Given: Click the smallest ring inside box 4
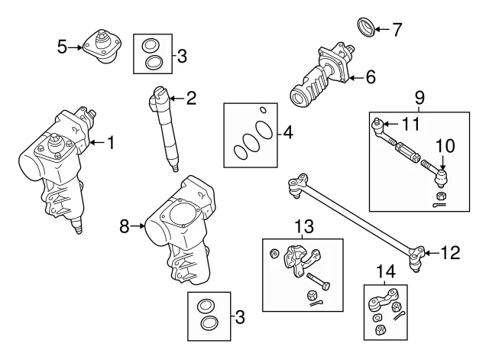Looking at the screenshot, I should [x=261, y=108].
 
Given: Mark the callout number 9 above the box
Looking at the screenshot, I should [x=419, y=98].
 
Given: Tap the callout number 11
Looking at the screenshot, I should [x=410, y=124].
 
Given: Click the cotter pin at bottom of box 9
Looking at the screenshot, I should [x=440, y=205].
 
